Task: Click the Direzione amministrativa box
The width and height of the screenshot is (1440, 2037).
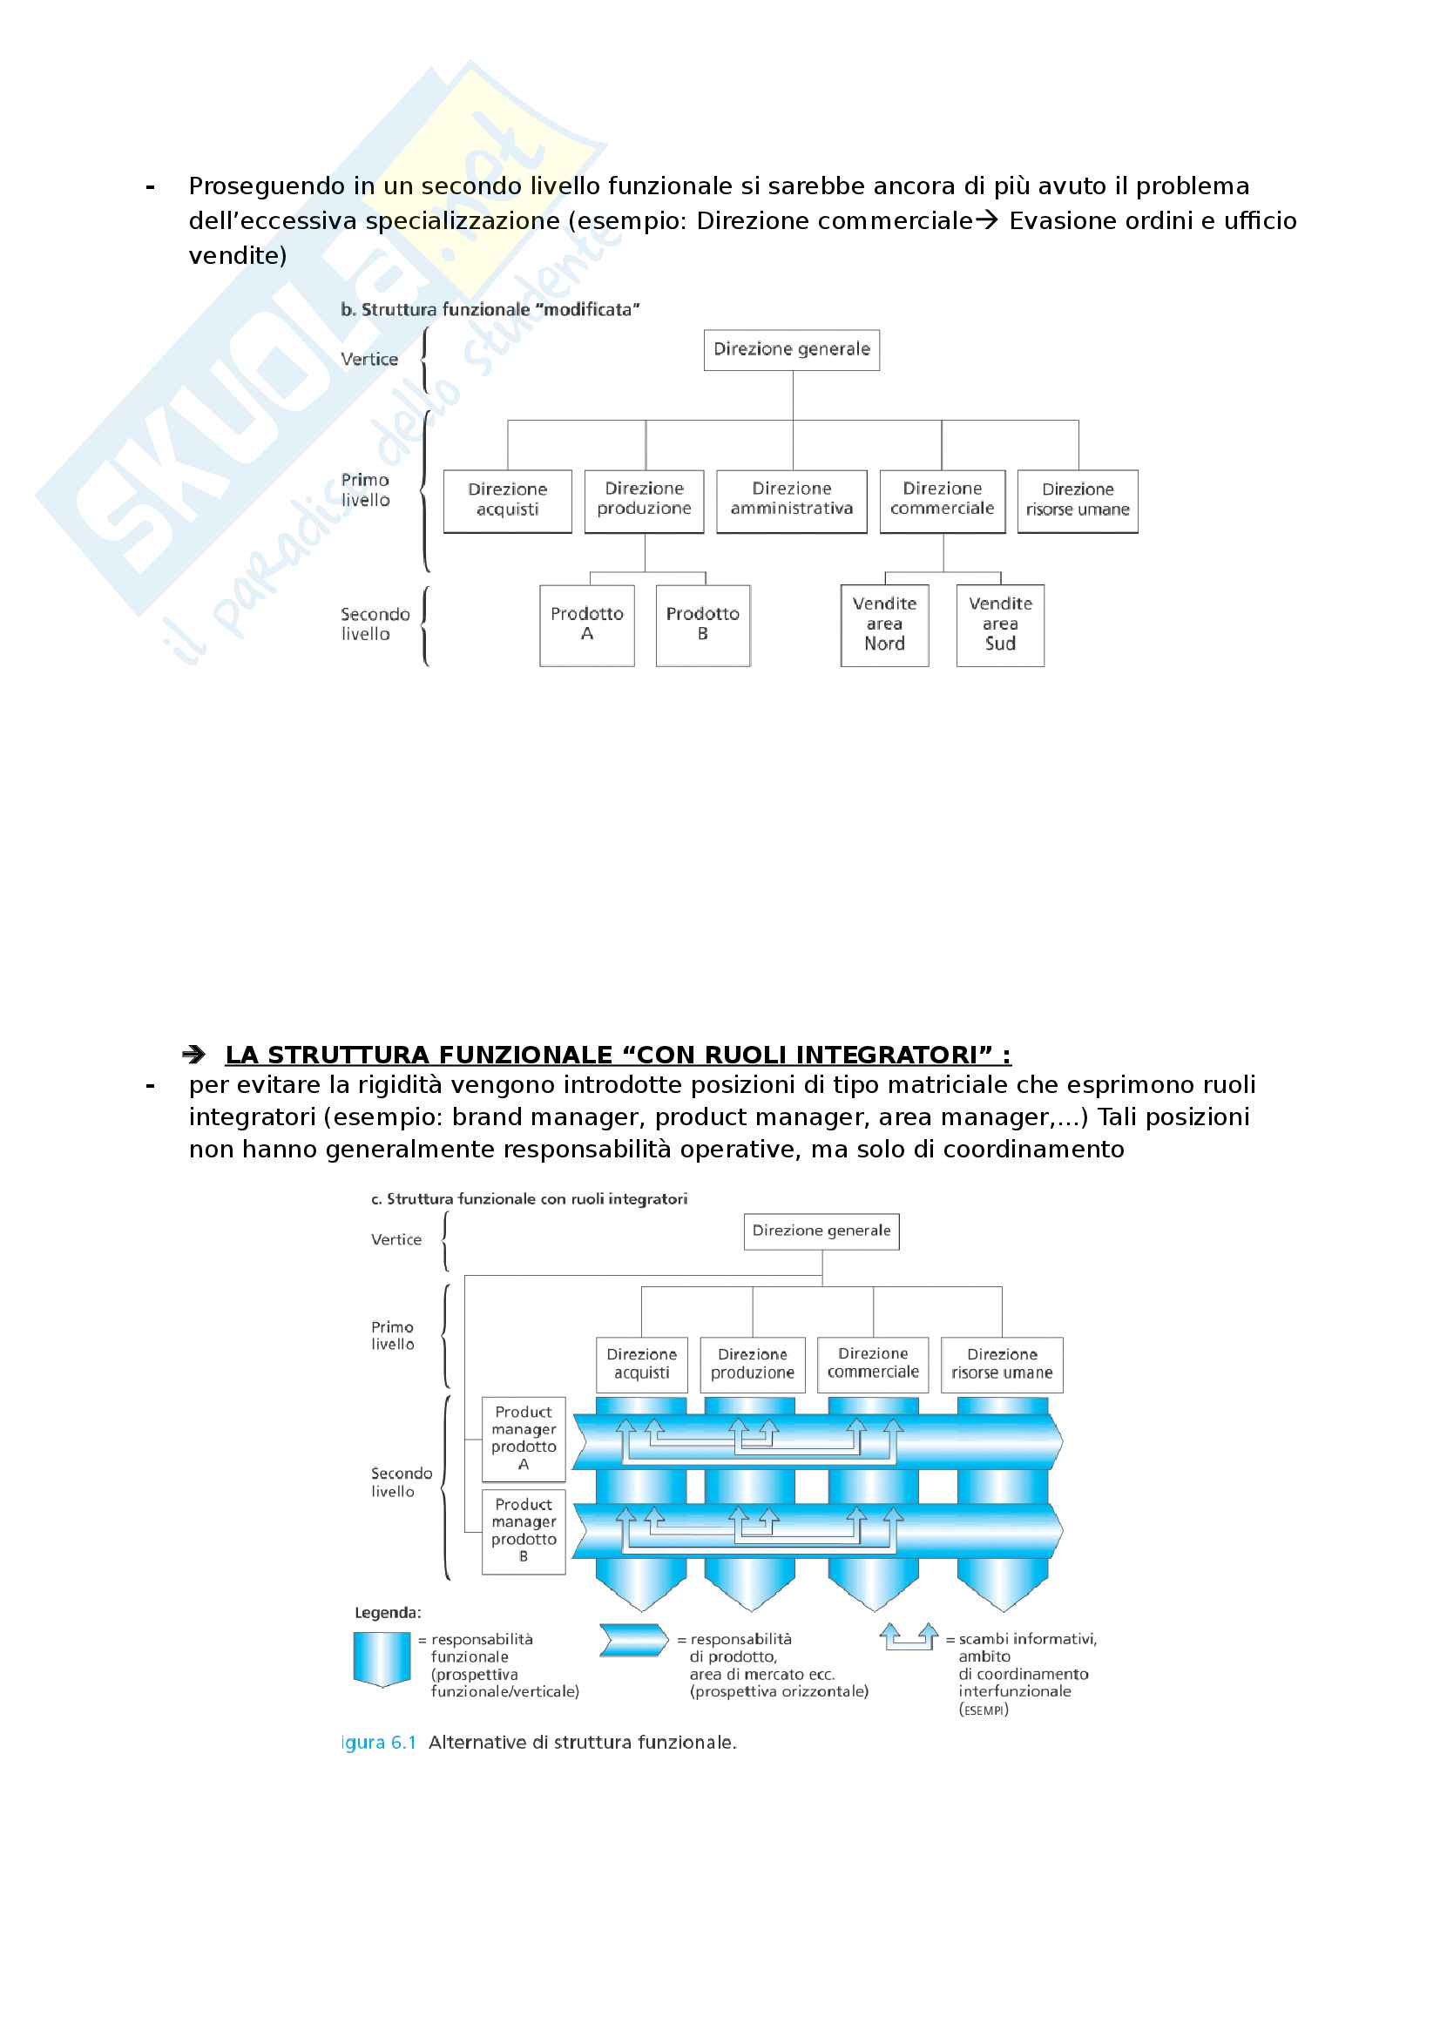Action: pyautogui.click(x=791, y=501)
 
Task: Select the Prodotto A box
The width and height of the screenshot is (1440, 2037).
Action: pyautogui.click(x=586, y=624)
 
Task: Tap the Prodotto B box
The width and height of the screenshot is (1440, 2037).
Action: pyautogui.click(x=703, y=624)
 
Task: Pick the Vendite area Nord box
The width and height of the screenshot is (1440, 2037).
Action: pyautogui.click(x=884, y=624)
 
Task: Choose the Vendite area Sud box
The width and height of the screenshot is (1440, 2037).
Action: pyautogui.click(x=1000, y=624)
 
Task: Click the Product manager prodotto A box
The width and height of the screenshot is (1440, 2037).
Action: pyautogui.click(x=524, y=1438)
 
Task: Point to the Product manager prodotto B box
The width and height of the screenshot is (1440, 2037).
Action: pyautogui.click(x=524, y=1530)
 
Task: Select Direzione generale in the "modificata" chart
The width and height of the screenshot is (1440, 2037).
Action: pyautogui.click(x=791, y=349)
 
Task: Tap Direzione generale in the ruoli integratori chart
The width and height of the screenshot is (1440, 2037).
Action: pyautogui.click(x=821, y=1231)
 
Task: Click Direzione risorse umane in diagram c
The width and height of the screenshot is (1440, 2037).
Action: pyautogui.click(x=1002, y=1364)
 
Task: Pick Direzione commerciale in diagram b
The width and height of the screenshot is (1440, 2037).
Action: pyautogui.click(x=943, y=501)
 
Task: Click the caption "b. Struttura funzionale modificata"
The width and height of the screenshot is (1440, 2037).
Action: pyautogui.click(x=490, y=310)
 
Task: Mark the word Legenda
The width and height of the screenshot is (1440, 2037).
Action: pyautogui.click(x=388, y=1612)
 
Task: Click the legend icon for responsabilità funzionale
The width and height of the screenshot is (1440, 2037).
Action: pyautogui.click(x=382, y=1658)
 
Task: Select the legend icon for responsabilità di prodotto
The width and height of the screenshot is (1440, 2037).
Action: pyautogui.click(x=633, y=1640)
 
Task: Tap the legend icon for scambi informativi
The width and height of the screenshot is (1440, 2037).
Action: pyautogui.click(x=909, y=1636)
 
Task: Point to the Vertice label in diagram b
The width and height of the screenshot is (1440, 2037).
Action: pyautogui.click(x=369, y=360)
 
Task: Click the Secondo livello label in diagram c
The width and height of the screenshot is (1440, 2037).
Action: pyautogui.click(x=401, y=1481)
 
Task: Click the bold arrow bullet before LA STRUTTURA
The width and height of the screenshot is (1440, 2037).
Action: pyautogui.click(x=193, y=1054)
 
